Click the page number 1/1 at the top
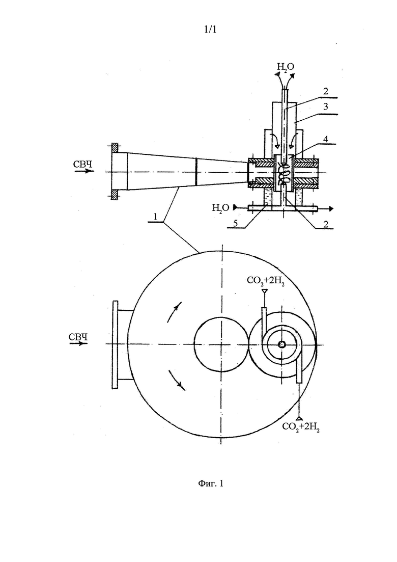(210, 30)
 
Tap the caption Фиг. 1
(211, 484)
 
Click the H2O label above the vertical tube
(286, 67)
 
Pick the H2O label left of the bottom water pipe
(220, 208)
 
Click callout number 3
(325, 106)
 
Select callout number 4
(325, 139)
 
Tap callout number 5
(235, 223)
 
